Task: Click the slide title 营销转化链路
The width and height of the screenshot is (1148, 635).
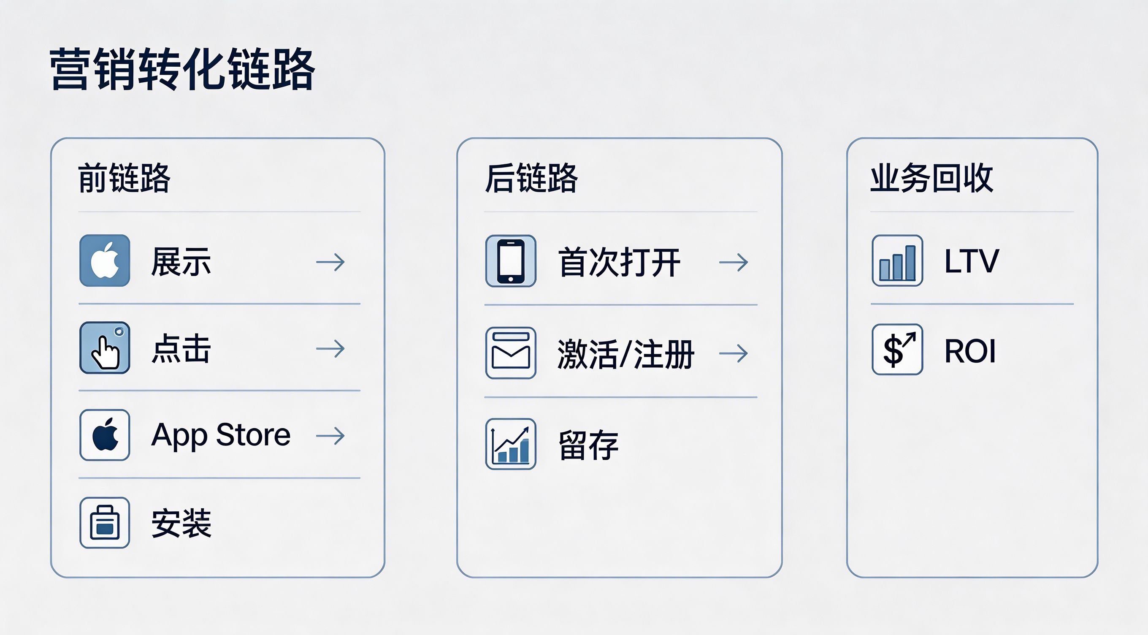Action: coord(182,70)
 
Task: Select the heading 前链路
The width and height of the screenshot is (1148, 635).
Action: coord(125,178)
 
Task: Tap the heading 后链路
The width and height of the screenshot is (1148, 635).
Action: coord(531,178)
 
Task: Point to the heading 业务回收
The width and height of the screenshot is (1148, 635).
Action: coord(932,178)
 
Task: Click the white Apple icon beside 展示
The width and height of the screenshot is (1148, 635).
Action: coord(105,261)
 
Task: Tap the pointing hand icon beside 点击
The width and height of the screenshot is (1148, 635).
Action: coord(105,348)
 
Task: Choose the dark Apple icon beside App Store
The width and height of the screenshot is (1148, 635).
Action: coord(105,435)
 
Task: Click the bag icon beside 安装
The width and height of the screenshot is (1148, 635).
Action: coord(105,523)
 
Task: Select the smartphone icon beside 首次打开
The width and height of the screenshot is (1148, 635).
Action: coord(511,261)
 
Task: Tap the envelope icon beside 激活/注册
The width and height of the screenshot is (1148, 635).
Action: coord(511,353)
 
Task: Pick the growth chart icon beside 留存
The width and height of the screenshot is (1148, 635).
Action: coord(511,444)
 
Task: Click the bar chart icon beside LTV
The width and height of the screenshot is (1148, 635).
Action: coord(898,261)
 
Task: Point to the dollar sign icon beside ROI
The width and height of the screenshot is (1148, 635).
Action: coord(898,350)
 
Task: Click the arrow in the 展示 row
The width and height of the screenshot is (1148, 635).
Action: coord(330,262)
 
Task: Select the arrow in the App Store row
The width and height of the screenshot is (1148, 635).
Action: coord(330,436)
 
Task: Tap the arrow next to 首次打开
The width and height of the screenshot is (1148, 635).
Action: coord(734,262)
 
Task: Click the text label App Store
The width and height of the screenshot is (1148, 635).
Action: coord(221,435)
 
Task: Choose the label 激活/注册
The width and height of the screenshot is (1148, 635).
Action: coord(625,354)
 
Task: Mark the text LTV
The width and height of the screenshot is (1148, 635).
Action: coord(972,261)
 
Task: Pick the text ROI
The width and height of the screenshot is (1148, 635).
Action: coord(970,351)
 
